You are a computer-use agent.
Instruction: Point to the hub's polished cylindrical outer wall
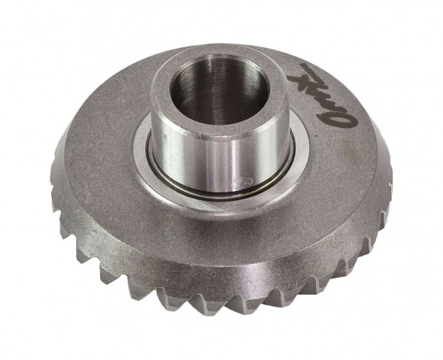click(x=188, y=162)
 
